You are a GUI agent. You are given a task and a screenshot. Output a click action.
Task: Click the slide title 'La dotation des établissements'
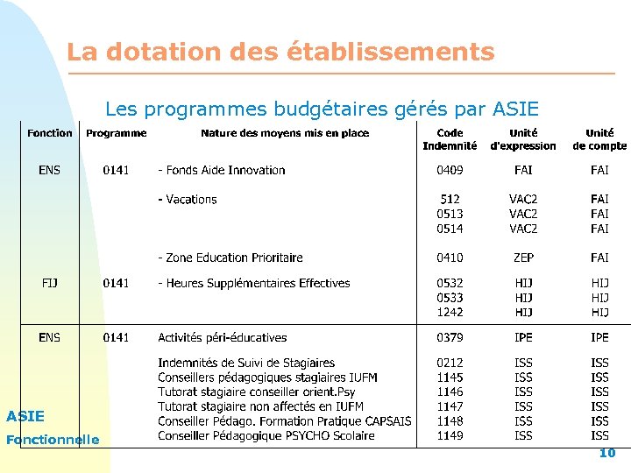[x=280, y=52]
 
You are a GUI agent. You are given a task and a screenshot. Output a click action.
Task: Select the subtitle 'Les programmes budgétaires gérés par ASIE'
[x=322, y=109]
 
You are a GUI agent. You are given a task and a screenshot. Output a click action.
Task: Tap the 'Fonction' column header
[x=50, y=133]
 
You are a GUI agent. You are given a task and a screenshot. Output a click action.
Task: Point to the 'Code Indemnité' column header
[x=450, y=139]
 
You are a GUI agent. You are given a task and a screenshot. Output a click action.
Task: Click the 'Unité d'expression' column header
[x=523, y=139]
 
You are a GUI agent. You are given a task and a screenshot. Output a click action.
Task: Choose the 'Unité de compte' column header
[x=599, y=139]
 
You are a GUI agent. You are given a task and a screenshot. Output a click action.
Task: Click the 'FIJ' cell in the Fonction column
[x=50, y=283]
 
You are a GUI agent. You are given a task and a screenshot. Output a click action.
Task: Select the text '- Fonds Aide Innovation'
[x=221, y=170]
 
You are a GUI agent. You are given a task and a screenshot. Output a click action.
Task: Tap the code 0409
[x=450, y=170]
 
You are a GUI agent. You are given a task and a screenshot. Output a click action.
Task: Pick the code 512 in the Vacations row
[x=450, y=200]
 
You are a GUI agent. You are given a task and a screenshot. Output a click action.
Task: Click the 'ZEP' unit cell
[x=523, y=258]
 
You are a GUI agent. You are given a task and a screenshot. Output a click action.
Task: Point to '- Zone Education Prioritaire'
[x=230, y=258]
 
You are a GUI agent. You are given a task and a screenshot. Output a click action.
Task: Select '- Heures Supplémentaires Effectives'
[x=253, y=283]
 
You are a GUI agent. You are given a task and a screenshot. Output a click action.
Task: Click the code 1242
[x=450, y=312]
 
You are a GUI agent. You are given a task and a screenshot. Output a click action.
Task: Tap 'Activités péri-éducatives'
[x=223, y=337]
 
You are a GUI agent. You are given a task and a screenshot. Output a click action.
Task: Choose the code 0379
[x=450, y=337]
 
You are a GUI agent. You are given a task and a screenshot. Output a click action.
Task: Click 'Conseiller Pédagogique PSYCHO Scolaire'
[x=266, y=435]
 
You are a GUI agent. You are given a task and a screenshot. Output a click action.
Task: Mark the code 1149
[x=450, y=435]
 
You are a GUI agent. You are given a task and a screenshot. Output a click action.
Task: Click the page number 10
[x=607, y=453]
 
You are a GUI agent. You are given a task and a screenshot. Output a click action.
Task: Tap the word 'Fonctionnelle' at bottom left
[x=53, y=440]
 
